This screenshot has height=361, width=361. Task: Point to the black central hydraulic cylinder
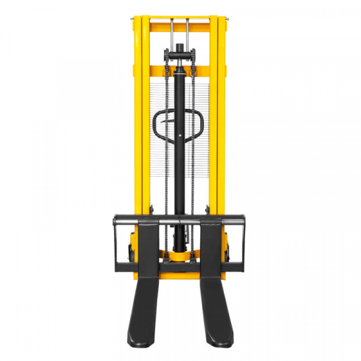[x=180, y=150]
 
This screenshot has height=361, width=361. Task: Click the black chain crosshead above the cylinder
[x=180, y=56]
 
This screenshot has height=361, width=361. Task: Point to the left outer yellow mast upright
[x=137, y=120]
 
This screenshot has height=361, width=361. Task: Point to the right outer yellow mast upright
[x=221, y=120]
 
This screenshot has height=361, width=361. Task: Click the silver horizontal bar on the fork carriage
[x=180, y=224]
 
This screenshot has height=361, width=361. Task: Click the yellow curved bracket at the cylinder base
[x=180, y=258]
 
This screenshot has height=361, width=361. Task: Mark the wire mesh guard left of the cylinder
[x=158, y=168]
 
